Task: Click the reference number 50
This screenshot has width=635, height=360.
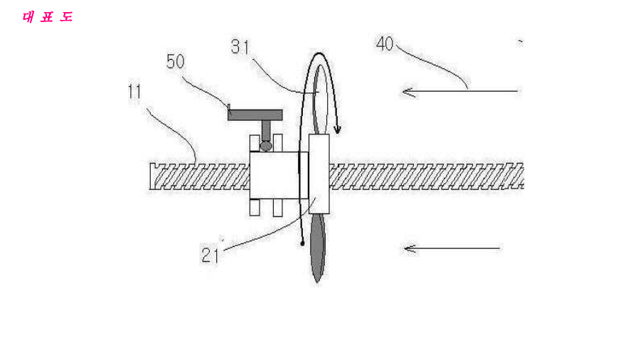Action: coord(176,62)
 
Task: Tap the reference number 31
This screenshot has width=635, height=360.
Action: coord(240,47)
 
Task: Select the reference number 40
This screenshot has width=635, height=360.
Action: coord(385,44)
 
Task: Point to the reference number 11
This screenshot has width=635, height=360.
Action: coord(134,92)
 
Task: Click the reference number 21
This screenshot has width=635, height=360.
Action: coord(210,255)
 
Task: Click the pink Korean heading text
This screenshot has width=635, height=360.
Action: coord(48,17)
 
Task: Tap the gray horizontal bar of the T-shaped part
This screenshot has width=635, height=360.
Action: coord(255,115)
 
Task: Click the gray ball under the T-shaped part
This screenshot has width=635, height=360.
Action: coord(266,146)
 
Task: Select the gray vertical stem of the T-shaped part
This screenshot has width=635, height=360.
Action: coord(266,130)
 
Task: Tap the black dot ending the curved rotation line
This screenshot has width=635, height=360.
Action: coord(302,243)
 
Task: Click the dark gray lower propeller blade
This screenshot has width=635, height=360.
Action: coord(317,248)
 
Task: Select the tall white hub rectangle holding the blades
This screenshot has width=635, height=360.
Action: coord(319,174)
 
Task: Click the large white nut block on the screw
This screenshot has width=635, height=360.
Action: coord(274,175)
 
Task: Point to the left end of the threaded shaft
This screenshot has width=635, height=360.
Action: coord(151,176)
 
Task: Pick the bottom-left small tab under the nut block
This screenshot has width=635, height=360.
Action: coord(255,208)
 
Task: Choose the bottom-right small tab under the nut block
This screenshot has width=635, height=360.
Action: coord(278,208)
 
